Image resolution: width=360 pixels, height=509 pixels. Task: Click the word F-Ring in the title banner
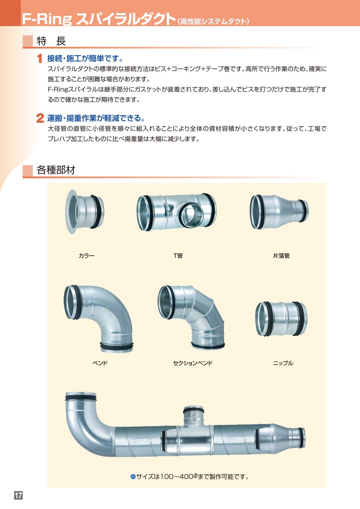pos(47,19)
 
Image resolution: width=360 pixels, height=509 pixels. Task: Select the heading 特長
pos(51,41)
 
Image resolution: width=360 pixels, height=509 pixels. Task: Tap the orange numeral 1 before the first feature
pos(40,58)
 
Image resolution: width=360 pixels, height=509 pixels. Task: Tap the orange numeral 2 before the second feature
pos(40,118)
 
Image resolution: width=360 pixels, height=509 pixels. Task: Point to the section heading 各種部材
pos(56,170)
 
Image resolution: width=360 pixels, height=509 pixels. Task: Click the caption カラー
pos(86,256)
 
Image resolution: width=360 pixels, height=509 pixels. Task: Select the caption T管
pos(178,256)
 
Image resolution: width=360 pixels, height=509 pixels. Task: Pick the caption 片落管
pos(281,256)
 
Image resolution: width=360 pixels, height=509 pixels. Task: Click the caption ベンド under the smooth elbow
pos(100,363)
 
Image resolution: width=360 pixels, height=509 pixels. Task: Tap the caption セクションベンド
pos(193,363)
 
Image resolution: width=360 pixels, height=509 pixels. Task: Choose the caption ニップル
pos(283,363)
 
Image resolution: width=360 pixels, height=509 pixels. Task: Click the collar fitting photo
pos(84,212)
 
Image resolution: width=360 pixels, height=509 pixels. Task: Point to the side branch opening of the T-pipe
pos(191,215)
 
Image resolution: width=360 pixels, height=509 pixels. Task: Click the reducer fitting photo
pos(279,212)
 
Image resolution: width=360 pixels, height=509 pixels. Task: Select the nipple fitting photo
pos(281,319)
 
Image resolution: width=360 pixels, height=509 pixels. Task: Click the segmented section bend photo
pos(191,317)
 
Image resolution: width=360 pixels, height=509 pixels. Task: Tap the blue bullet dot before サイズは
pos(133,476)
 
